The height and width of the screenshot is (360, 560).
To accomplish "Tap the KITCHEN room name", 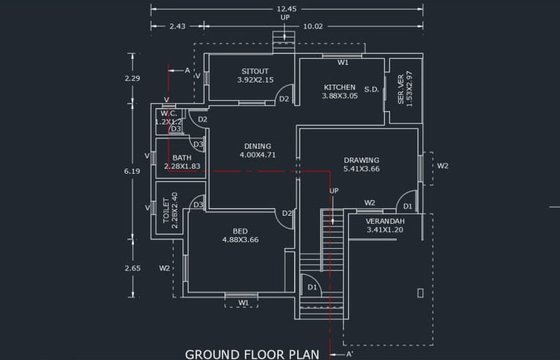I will point(339,87).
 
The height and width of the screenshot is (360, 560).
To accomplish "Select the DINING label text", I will point(257,146).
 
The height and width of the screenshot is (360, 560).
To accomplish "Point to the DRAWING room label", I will point(361,160).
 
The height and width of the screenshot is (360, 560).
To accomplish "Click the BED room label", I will point(241,230).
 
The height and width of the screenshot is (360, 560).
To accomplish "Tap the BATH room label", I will point(182,158).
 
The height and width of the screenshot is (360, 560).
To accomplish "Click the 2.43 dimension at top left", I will point(177,26).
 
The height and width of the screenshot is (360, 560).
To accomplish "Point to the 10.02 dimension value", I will point(313,26).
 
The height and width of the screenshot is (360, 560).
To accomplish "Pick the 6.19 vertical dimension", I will point(132,171).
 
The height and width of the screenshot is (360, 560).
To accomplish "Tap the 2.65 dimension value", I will point(132,268).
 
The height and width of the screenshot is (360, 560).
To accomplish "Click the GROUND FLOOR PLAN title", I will point(252,354).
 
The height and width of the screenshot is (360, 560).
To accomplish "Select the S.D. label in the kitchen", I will point(371,90).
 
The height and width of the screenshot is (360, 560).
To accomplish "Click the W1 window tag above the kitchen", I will point(343,63).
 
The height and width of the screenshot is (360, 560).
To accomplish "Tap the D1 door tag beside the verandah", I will point(407,206).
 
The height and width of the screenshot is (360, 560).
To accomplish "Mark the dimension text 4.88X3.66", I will point(241,239).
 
